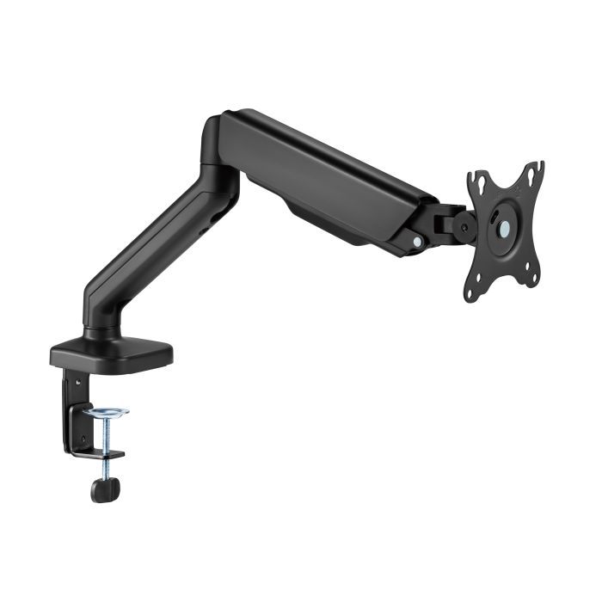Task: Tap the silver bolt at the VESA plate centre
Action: [x=505, y=228]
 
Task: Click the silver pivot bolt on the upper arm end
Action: [x=417, y=243]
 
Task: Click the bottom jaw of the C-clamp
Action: [x=99, y=452]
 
